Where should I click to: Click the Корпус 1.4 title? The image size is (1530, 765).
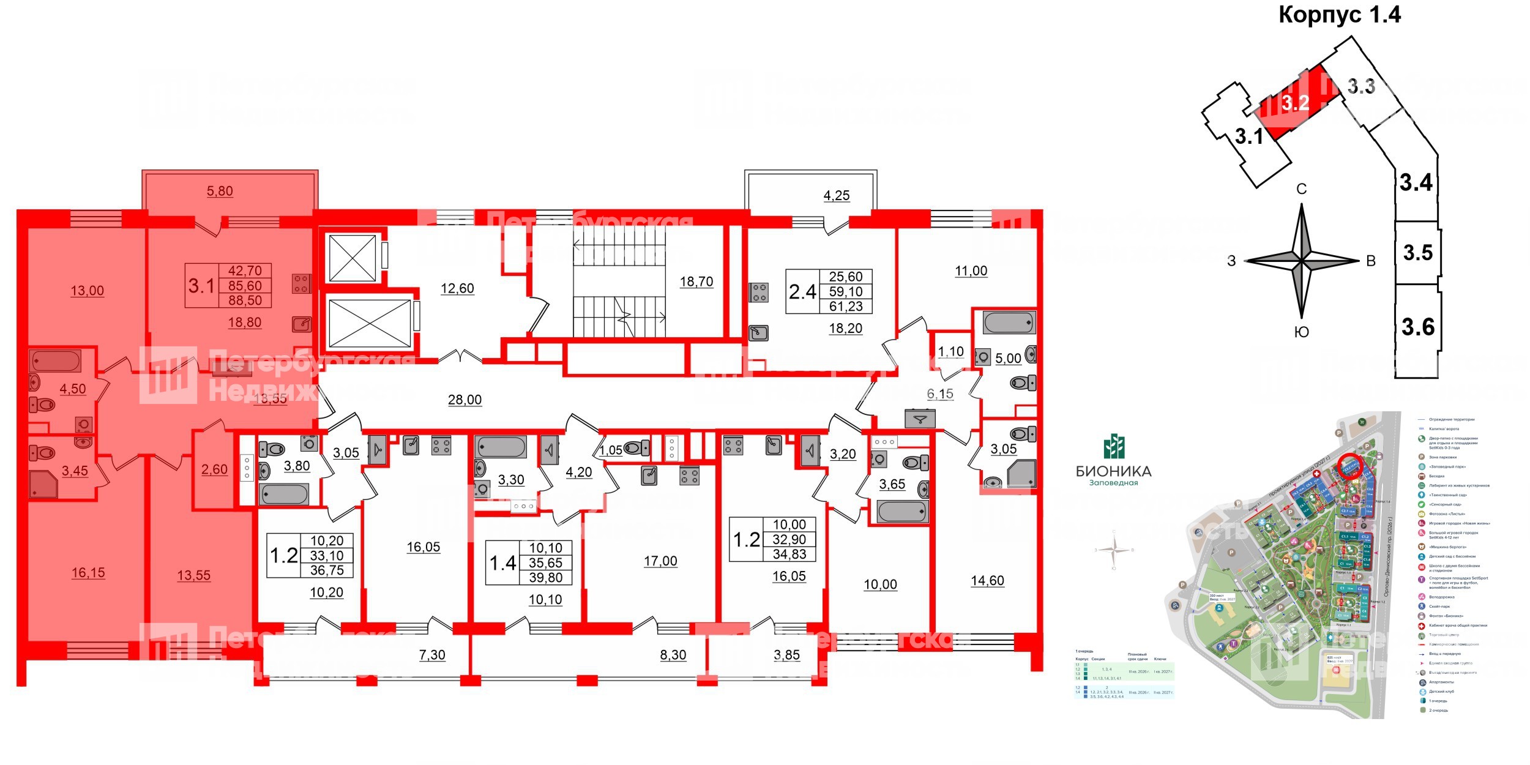1339,15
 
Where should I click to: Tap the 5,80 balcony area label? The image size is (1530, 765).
220,191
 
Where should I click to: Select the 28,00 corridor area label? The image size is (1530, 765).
465,400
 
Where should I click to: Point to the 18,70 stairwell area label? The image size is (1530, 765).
696,282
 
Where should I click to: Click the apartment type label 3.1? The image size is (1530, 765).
201,286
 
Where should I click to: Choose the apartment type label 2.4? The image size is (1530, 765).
802,292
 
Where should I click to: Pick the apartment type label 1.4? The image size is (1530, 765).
502,563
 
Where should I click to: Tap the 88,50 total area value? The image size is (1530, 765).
245,300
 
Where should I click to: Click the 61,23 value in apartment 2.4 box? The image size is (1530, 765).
846,307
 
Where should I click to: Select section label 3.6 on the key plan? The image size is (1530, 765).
1418,327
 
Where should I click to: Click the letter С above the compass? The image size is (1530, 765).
1302,189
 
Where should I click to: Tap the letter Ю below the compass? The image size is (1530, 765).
1302,332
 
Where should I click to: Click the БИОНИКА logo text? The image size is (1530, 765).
1113,471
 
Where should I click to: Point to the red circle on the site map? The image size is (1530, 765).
1349,468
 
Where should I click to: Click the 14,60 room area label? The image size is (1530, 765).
987,581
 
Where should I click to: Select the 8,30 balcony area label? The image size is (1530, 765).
673,655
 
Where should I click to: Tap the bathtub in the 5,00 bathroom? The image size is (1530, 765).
1009,323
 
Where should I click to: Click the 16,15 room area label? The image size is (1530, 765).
88,573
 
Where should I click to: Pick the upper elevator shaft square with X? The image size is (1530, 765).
353,258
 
